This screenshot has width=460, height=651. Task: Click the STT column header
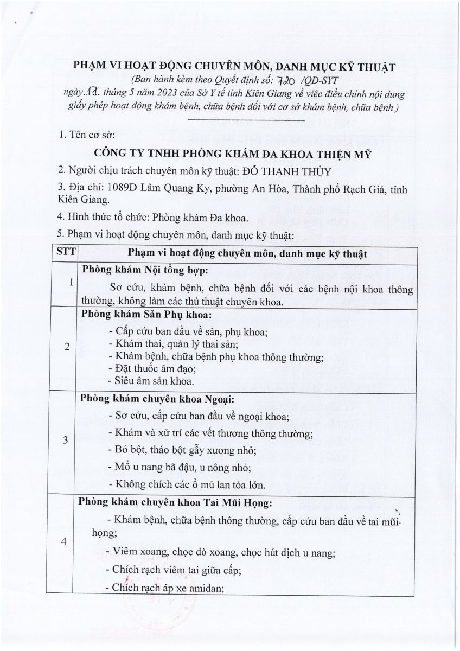pyautogui.click(x=67, y=254)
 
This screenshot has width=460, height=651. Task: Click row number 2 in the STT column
pyautogui.click(x=67, y=348)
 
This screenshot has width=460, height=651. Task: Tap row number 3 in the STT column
pyautogui.click(x=66, y=441)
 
